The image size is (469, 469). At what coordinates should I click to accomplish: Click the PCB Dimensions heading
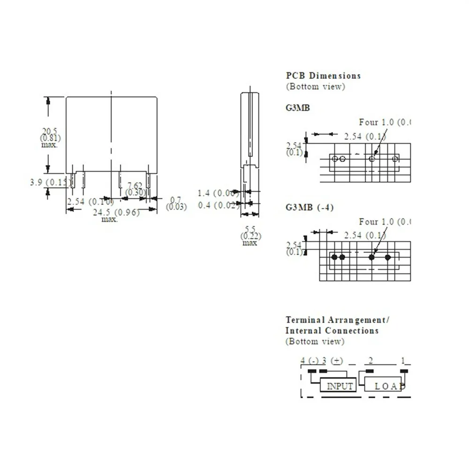click(323, 76)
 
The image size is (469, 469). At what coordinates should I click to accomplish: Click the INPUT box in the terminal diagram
click(339, 386)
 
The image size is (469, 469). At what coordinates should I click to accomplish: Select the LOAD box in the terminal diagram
click(384, 386)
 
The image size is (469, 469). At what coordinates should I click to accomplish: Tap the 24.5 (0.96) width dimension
click(116, 212)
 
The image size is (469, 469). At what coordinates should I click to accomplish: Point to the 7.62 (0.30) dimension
click(136, 189)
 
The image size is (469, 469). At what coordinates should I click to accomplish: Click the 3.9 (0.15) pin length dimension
click(49, 182)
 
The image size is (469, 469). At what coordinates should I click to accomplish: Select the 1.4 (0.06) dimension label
click(218, 193)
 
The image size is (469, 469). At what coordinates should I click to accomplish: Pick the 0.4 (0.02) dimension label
click(218, 205)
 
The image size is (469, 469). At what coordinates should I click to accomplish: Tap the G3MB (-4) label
click(310, 207)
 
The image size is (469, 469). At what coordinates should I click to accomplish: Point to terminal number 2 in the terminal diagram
click(371, 361)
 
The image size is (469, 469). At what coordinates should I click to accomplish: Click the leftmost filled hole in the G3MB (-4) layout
click(334, 257)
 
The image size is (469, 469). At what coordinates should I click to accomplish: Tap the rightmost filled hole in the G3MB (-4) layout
click(388, 257)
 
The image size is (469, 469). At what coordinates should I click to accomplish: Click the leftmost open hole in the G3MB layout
click(334, 159)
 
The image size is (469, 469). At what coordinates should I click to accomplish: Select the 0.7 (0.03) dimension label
click(176, 203)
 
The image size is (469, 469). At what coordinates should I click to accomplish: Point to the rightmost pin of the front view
click(148, 181)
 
